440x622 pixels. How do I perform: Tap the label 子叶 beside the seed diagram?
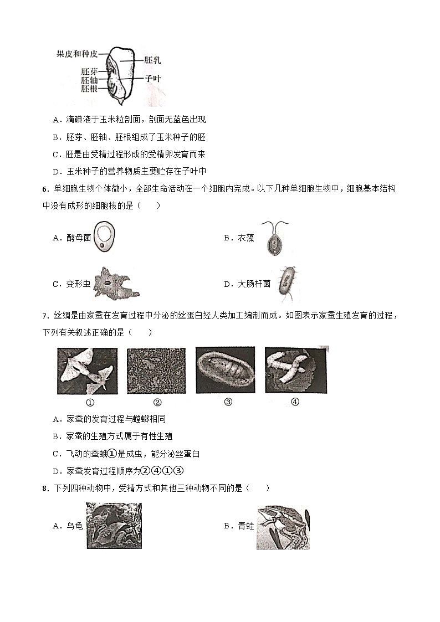(153, 79)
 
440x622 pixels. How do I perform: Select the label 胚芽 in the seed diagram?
(89, 71)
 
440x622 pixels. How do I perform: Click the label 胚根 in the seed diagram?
(89, 88)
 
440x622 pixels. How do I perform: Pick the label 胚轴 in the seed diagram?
(89, 80)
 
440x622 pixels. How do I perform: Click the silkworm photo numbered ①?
(88, 371)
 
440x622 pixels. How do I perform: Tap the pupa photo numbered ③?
(225, 371)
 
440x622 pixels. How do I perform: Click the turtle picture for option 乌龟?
(114, 526)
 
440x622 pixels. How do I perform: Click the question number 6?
(44, 189)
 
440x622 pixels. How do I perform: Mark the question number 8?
(44, 489)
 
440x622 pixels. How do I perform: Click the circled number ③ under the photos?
(227, 402)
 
